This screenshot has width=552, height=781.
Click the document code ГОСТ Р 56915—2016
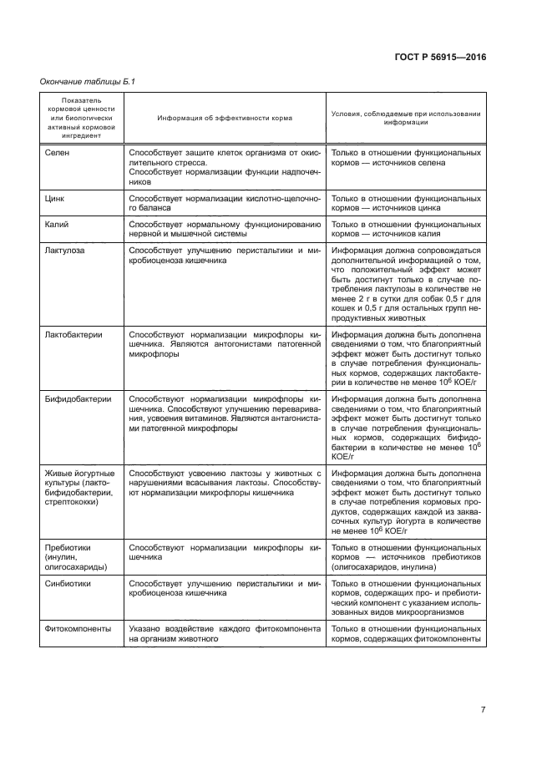[439, 57]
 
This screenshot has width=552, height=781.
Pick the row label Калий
[57, 225]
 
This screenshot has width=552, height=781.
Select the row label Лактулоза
[64, 250]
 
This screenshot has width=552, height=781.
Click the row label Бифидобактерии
[78, 399]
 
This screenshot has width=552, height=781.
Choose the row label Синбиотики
[68, 585]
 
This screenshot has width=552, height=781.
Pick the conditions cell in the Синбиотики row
[406, 598]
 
